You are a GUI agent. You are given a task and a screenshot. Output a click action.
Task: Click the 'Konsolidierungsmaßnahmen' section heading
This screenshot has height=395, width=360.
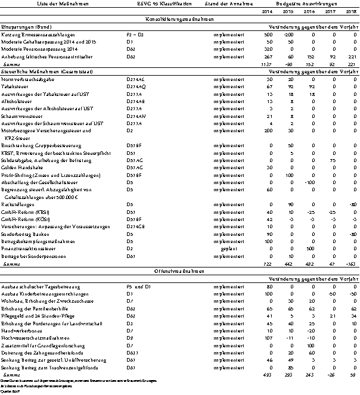click(179, 20)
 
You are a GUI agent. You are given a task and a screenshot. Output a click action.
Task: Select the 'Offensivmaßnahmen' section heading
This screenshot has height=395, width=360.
click(179, 270)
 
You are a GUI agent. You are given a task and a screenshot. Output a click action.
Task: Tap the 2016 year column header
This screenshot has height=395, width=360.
click(309, 12)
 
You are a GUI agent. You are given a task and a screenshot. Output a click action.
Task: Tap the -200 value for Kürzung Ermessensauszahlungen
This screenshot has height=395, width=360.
click(288, 36)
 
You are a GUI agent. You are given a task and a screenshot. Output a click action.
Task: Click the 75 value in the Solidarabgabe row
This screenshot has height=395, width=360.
click(329, 161)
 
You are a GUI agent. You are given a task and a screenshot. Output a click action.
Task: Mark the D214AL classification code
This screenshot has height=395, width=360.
click(136, 79)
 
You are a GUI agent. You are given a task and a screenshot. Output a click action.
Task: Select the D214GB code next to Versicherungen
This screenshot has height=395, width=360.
click(136, 227)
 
